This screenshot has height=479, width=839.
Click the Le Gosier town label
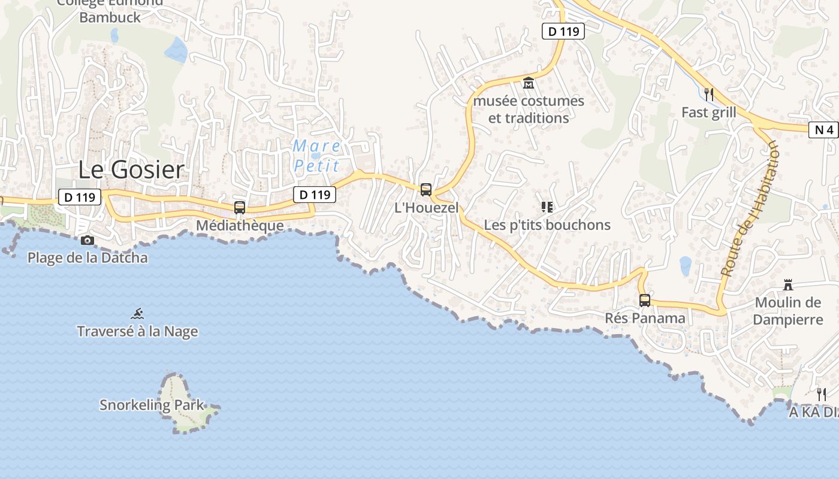click(131, 170)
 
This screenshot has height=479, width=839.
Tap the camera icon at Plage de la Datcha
click(87, 240)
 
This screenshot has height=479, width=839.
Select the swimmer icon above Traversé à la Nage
click(137, 313)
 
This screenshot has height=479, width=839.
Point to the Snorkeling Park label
click(152, 405)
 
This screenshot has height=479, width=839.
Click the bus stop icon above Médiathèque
click(240, 208)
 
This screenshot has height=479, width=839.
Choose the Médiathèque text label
click(240, 226)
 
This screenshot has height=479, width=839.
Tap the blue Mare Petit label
click(317, 156)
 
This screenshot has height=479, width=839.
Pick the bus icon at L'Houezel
click(426, 190)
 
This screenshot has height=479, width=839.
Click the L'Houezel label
click(426, 208)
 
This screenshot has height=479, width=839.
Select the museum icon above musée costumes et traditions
click(529, 83)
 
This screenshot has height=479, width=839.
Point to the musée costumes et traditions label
click(529, 110)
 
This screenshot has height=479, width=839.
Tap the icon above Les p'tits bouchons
click(547, 207)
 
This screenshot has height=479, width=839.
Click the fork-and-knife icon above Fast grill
click(709, 94)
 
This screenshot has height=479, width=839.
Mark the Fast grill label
click(709, 113)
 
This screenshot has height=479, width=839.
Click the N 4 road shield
click(823, 130)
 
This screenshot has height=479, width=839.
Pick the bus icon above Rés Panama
click(645, 300)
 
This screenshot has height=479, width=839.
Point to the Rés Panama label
click(645, 318)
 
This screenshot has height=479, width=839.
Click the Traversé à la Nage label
click(137, 331)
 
